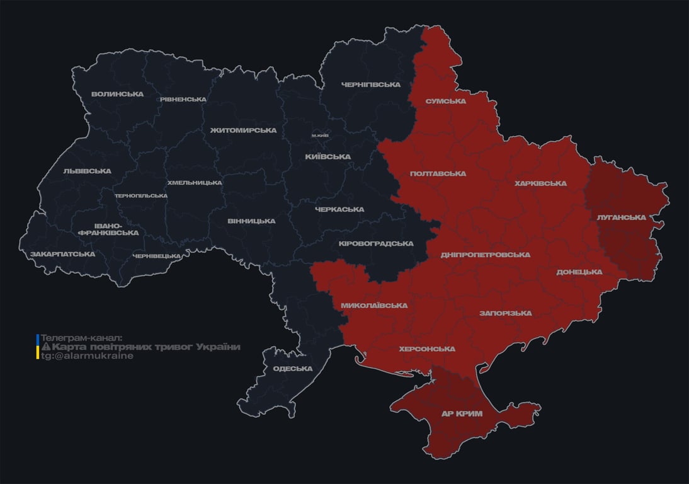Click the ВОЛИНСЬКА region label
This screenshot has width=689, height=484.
(x=117, y=95)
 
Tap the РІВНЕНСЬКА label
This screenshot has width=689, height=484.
(x=183, y=100)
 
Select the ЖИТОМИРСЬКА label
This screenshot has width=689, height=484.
(x=243, y=130)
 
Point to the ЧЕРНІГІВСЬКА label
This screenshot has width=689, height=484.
(x=371, y=84)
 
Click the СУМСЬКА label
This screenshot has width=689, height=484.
(x=445, y=101)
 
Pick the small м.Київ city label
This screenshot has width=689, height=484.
(x=320, y=135)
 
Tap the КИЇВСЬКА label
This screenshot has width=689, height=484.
(x=327, y=157)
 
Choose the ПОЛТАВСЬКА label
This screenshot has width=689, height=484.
(x=438, y=174)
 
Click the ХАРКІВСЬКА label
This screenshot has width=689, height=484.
(x=540, y=184)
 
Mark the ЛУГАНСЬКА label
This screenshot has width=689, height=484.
(x=621, y=217)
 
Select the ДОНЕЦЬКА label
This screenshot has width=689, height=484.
(x=579, y=272)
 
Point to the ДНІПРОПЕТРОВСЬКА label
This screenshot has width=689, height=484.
(x=485, y=255)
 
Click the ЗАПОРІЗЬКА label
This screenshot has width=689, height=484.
(x=505, y=313)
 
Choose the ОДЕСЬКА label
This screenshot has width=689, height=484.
(x=292, y=369)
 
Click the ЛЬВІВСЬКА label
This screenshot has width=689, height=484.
(x=87, y=171)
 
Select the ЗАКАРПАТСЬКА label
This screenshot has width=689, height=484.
(x=63, y=254)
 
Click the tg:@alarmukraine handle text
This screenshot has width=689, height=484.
(x=88, y=356)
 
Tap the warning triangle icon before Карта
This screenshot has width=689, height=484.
(x=45, y=347)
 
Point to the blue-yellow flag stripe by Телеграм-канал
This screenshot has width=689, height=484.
(x=38, y=347)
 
